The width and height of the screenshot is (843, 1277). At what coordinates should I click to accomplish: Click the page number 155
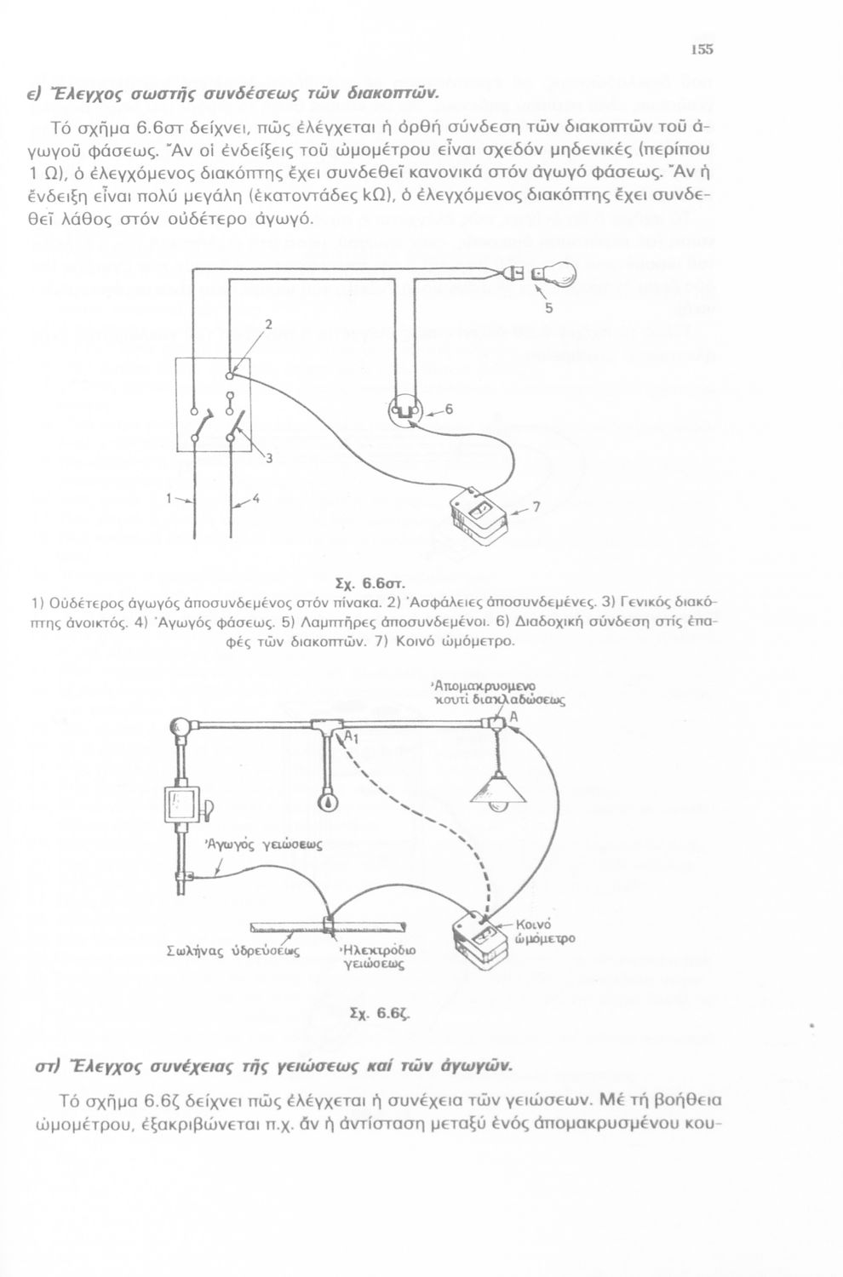pos(702,49)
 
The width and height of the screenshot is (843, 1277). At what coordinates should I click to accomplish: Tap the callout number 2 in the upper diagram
pos(267,325)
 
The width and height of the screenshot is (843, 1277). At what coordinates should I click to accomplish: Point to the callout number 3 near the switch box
pos(268,458)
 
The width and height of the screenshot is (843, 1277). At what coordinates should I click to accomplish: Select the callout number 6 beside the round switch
pos(448,409)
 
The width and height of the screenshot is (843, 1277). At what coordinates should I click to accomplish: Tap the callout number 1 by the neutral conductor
pos(169,498)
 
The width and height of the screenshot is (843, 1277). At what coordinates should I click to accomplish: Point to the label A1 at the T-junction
pos(351,738)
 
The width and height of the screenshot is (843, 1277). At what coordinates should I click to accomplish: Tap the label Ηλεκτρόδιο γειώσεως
pos(377,957)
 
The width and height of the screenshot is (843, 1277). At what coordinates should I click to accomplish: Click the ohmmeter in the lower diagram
pos(479,939)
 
